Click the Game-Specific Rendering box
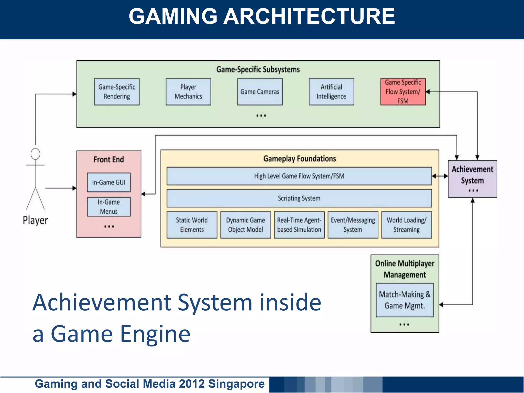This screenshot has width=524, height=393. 117,92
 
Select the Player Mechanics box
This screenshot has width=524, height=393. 188,92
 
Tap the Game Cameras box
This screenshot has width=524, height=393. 260,92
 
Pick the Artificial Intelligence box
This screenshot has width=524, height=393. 331,92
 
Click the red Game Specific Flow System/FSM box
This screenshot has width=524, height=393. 403,92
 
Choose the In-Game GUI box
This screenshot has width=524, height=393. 109,182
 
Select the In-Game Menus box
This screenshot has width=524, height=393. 109,207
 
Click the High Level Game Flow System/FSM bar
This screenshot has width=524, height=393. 299,176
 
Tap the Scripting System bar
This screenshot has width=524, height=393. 299,198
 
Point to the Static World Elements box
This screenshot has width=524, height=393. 192,225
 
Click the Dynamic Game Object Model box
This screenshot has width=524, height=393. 246,225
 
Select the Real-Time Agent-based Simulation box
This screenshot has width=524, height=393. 299,225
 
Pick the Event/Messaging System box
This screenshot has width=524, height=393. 353,225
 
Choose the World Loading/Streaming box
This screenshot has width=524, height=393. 407,225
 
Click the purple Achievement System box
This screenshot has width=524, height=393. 472,179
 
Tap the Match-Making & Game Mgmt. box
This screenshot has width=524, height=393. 405,300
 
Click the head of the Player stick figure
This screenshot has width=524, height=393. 35,154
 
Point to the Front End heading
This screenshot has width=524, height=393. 109,159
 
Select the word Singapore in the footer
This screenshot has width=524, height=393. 236,384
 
